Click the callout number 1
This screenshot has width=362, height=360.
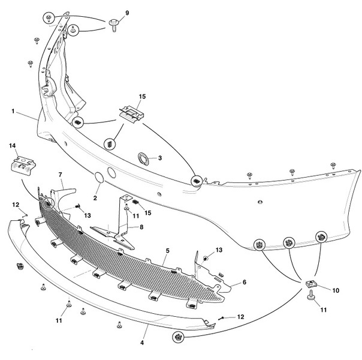13,111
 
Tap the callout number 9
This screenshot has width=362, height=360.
126,13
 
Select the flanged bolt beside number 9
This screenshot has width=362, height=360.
114,24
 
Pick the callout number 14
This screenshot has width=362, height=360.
11,146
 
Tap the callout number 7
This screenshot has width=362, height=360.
60,174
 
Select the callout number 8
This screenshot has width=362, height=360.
141,227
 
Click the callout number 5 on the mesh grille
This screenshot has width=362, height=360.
168,251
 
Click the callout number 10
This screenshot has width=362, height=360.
336,290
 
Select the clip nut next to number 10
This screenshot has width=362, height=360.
312,284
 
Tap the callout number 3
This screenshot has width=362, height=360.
160,158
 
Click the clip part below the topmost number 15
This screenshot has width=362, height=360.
130,112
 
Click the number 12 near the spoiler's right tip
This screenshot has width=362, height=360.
240,316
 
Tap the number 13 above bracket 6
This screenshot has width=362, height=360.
219,250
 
